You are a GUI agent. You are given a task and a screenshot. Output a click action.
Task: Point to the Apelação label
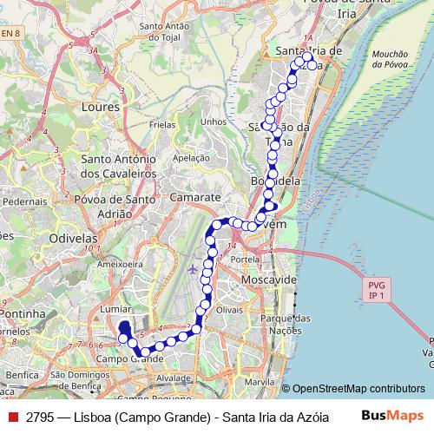(x=191, y=158)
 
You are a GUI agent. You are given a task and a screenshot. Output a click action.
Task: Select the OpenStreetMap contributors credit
(x=358, y=389)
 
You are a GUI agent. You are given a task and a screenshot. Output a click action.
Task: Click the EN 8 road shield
(x=11, y=33)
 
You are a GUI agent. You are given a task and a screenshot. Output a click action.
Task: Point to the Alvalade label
(x=174, y=379)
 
